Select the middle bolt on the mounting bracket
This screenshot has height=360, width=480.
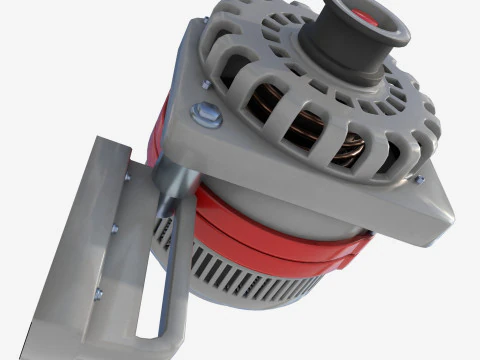click(x=113, y=231)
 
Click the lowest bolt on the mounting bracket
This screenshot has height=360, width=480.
click(x=98, y=294)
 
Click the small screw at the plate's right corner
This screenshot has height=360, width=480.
click(x=420, y=180)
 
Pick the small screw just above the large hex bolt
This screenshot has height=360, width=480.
click(x=205, y=86)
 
